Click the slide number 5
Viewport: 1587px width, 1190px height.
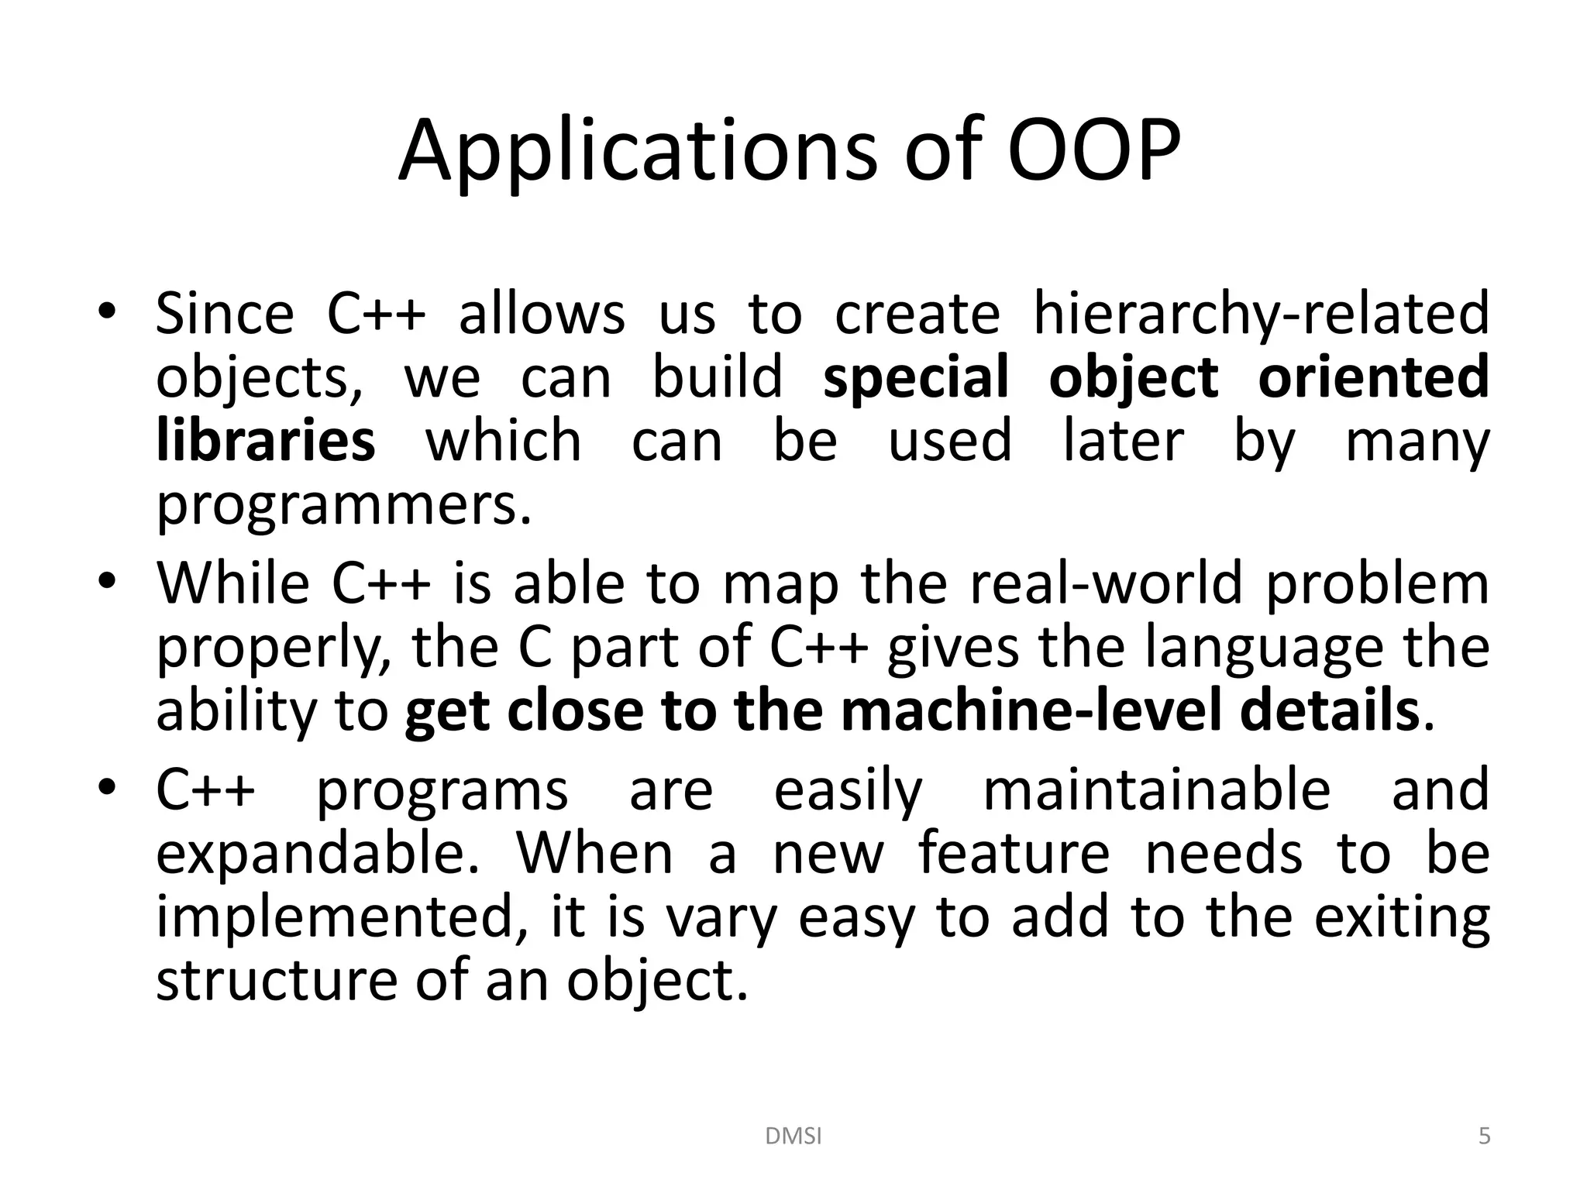pos(1484,1137)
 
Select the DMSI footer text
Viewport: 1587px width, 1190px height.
pos(793,1137)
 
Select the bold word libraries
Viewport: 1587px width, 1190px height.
pos(266,441)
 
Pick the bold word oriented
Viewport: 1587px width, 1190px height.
pos(1373,377)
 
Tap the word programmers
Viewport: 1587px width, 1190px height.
pos(344,507)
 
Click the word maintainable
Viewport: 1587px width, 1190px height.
pos(1156,790)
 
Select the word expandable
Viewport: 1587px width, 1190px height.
pos(318,854)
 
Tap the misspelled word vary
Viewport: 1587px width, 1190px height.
pos(721,919)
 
